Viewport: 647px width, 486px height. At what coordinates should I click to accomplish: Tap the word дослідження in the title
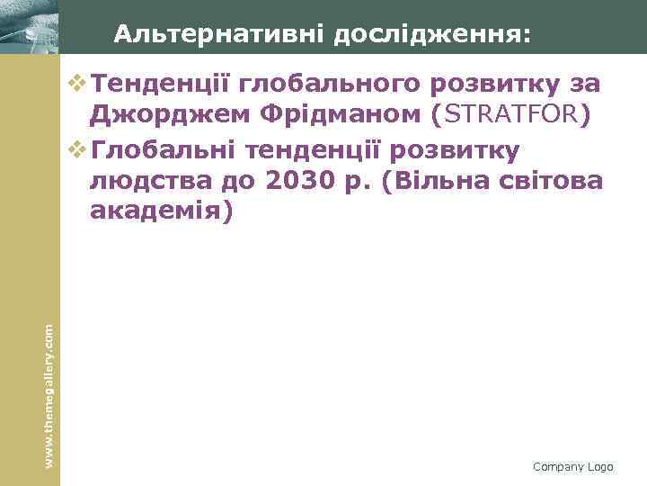pyautogui.click(x=432, y=35)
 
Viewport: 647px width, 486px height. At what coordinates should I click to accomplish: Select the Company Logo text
pyautogui.click(x=572, y=466)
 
